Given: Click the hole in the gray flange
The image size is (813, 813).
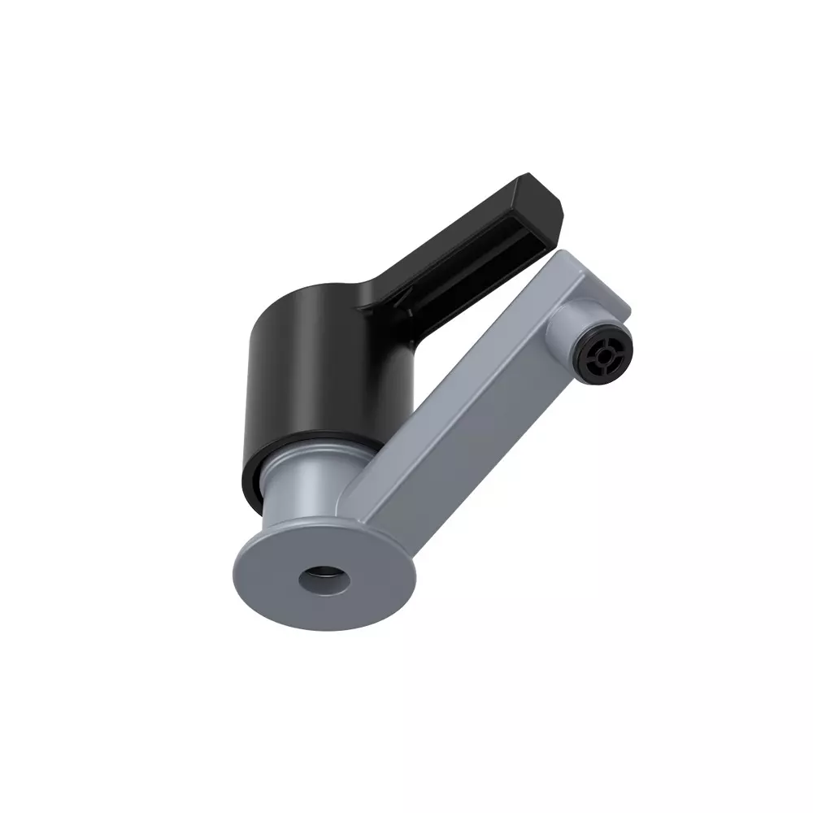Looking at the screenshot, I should click(324, 580).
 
